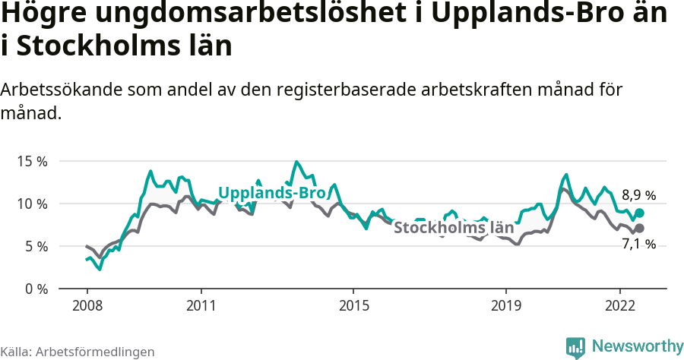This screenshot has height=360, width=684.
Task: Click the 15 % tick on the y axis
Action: pos(31,161)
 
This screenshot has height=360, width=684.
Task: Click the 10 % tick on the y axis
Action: pos(31,204)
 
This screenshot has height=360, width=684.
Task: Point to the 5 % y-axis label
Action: pos(34,246)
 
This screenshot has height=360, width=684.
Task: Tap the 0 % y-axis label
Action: pos(34,289)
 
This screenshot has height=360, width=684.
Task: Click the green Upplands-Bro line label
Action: pos(271,193)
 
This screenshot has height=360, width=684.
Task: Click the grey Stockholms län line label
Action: pos(454,227)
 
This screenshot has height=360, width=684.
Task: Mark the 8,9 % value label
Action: pos(638,195)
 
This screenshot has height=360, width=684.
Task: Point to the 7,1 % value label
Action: pos(638,245)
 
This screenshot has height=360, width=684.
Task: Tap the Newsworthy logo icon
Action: pos(575,347)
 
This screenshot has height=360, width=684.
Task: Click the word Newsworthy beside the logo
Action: pos(637,346)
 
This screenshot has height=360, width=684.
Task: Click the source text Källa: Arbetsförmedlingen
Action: pos(78,352)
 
